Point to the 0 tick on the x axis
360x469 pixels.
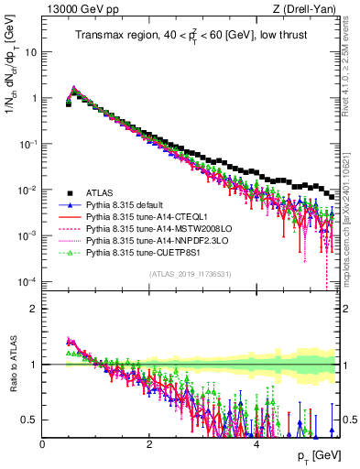click(42, 443)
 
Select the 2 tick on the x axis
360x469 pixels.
click(149, 443)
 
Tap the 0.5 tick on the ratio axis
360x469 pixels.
click(27, 420)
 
